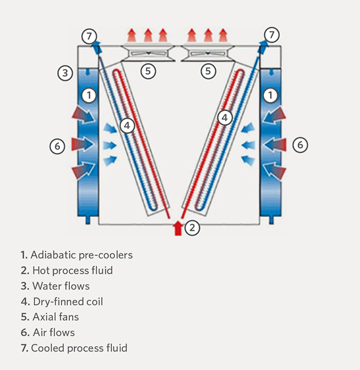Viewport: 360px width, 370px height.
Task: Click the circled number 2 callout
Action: [x=192, y=227]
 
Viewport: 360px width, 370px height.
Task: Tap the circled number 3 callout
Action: [x=65, y=74]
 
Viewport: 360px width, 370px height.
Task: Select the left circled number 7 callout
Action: [x=89, y=36]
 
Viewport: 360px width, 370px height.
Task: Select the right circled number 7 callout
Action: [x=272, y=35]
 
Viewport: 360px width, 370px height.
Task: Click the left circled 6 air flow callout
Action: [x=57, y=145]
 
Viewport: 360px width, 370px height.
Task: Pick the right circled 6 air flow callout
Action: [x=300, y=145]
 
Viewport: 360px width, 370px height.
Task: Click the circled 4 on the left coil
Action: [x=126, y=125]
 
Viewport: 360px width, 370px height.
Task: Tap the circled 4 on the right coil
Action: [x=224, y=118]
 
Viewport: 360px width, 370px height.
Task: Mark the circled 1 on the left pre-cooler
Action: [x=89, y=95]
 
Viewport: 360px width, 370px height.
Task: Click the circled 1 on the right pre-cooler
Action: [x=271, y=95]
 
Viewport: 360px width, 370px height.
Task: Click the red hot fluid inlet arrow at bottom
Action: [x=178, y=228]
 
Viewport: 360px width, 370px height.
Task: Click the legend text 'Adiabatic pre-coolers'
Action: [x=82, y=255]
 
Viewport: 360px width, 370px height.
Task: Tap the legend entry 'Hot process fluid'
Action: [x=71, y=270]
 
